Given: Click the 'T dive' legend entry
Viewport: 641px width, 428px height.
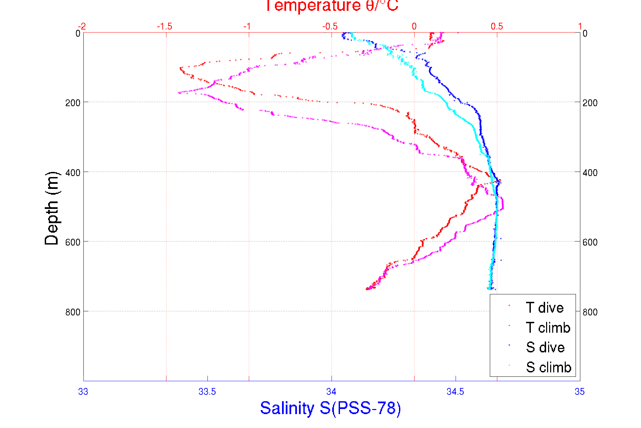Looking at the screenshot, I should [x=544, y=308].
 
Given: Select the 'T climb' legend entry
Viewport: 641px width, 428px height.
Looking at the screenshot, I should [x=548, y=328].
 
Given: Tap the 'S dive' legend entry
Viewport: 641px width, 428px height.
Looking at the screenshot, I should [x=545, y=347].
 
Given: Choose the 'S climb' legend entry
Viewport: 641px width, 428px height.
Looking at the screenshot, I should [x=548, y=367].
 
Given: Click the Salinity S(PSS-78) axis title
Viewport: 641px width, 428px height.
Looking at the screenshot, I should [x=330, y=408].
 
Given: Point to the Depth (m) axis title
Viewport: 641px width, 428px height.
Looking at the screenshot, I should [x=52, y=208].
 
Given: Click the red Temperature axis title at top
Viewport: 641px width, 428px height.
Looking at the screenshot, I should [x=332, y=6].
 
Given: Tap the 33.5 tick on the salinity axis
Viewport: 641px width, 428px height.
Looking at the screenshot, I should [x=207, y=392].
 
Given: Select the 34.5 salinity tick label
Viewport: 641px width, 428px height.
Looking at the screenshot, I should [x=455, y=392].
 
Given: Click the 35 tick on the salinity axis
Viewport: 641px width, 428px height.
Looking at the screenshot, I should [x=579, y=392].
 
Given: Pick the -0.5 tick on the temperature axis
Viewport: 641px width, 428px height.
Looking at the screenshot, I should [x=330, y=26].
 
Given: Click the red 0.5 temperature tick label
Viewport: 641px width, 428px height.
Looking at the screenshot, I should [x=497, y=26].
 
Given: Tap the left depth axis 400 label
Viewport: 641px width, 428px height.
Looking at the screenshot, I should [x=73, y=173].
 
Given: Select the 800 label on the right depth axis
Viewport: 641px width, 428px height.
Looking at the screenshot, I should [x=590, y=312].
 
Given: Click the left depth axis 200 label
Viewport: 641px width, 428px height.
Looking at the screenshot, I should [x=73, y=103].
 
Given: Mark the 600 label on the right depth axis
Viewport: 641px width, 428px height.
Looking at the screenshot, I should [x=590, y=242].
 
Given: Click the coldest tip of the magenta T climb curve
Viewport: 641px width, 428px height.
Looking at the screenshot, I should [x=178, y=92].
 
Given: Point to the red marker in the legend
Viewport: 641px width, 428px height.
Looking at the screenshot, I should [x=509, y=306].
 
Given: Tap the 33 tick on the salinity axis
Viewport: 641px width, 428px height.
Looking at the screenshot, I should [x=83, y=392].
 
